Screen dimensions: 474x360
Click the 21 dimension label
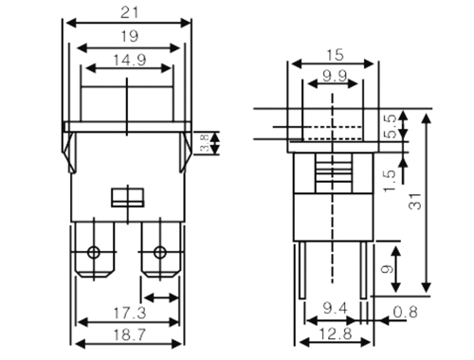pyautogui.click(x=130, y=13)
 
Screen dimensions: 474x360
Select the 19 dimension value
pyautogui.click(x=130, y=37)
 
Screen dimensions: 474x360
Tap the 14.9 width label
pyautogui.click(x=130, y=60)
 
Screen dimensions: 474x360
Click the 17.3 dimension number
pyautogui.click(x=130, y=313)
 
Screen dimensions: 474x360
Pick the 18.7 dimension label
pyautogui.click(x=130, y=334)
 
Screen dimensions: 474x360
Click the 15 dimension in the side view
pyautogui.click(x=335, y=55)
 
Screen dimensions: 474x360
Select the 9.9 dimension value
pyautogui.click(x=335, y=76)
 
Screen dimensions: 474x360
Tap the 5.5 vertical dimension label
pyautogui.click(x=391, y=126)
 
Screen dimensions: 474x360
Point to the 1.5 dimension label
pyautogui.click(x=390, y=181)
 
